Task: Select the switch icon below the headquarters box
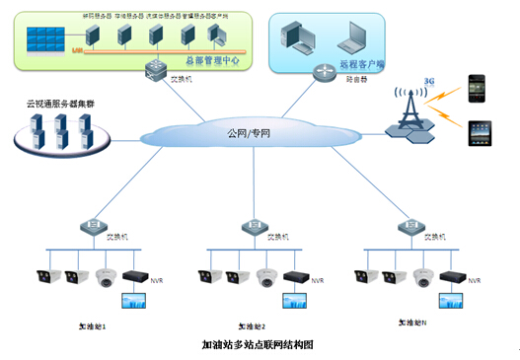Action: [154, 67]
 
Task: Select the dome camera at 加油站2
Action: [265, 279]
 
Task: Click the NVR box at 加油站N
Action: [451, 275]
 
